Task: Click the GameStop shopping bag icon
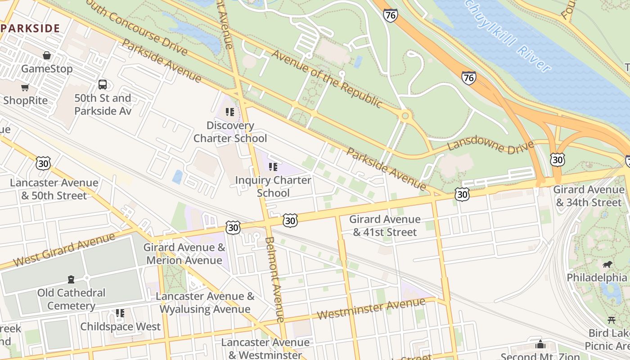(47, 55)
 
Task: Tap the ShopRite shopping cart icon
(25, 87)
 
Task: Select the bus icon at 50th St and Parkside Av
(103, 84)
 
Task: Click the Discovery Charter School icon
(230, 112)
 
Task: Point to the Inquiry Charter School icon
(273, 167)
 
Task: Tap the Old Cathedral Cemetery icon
(71, 279)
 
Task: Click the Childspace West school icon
(120, 313)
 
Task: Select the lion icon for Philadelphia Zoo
(607, 264)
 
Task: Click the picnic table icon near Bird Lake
(611, 320)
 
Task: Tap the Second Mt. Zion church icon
(540, 344)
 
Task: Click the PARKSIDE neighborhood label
(31, 28)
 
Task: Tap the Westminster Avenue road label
(371, 308)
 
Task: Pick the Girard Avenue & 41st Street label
(385, 225)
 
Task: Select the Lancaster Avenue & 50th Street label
(54, 189)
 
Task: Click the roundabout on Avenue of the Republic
(405, 116)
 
